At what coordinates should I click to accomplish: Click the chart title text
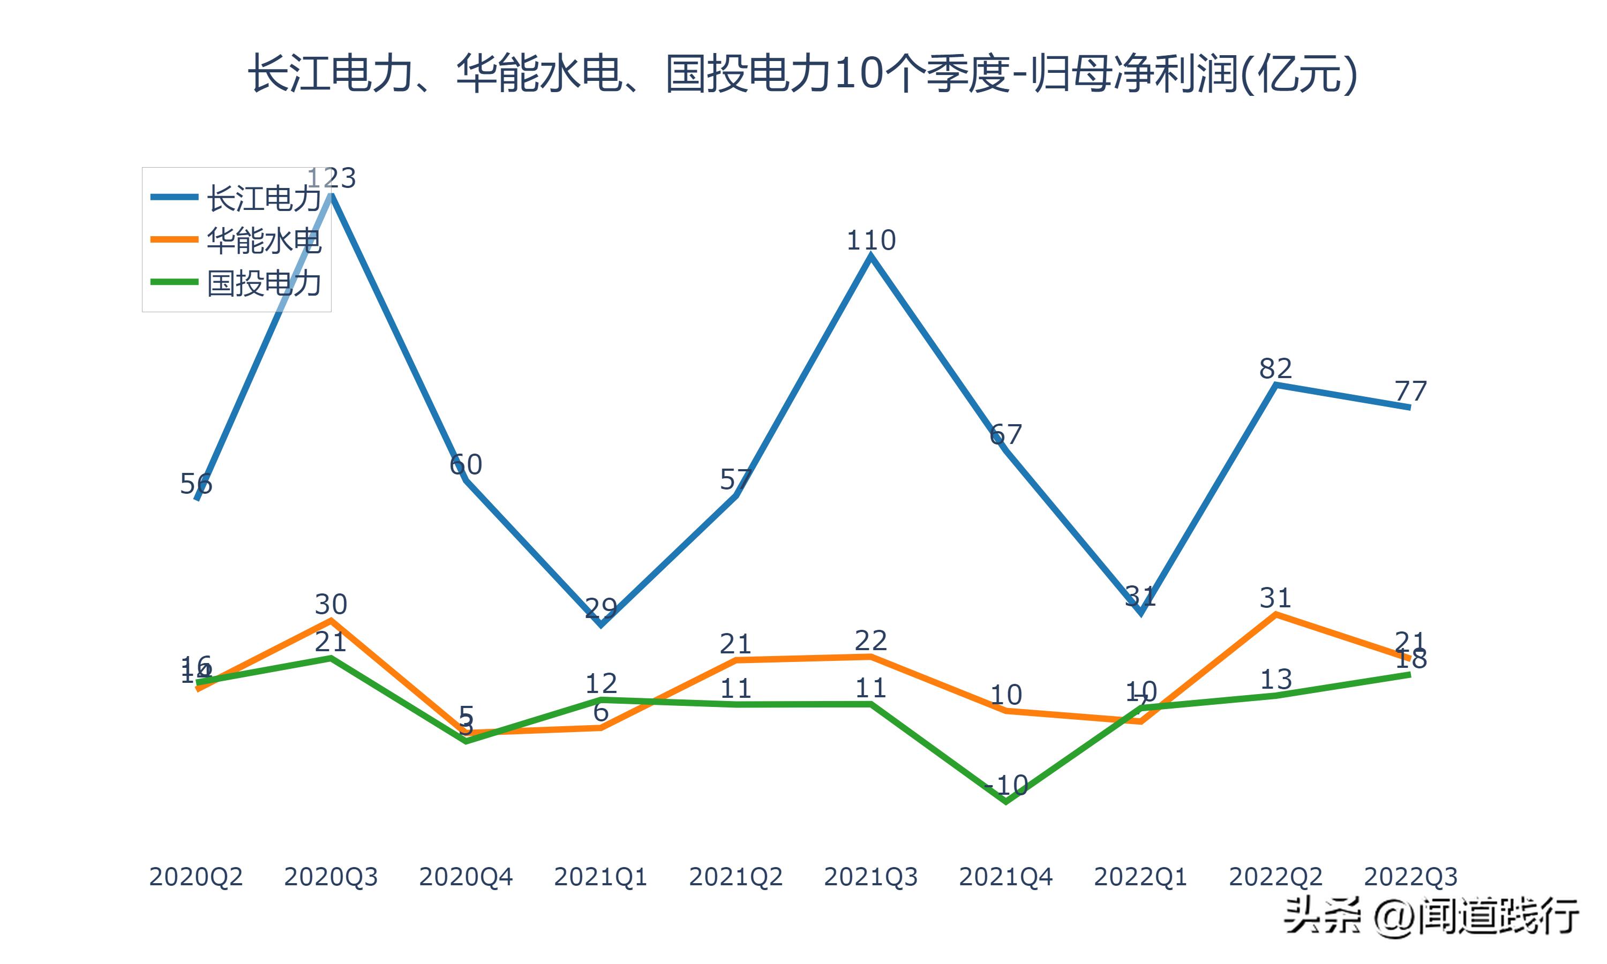[803, 73]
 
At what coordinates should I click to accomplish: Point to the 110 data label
[870, 241]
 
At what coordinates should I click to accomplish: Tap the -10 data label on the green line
[1005, 786]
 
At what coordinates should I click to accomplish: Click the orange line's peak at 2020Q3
[331, 620]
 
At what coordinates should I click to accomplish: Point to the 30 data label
[331, 605]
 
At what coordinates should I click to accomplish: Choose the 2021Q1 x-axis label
[601, 877]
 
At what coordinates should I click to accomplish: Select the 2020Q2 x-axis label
[196, 877]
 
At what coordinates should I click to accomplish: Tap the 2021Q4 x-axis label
[1005, 877]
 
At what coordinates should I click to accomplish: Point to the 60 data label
[465, 465]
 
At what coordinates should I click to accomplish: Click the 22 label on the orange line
[870, 641]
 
